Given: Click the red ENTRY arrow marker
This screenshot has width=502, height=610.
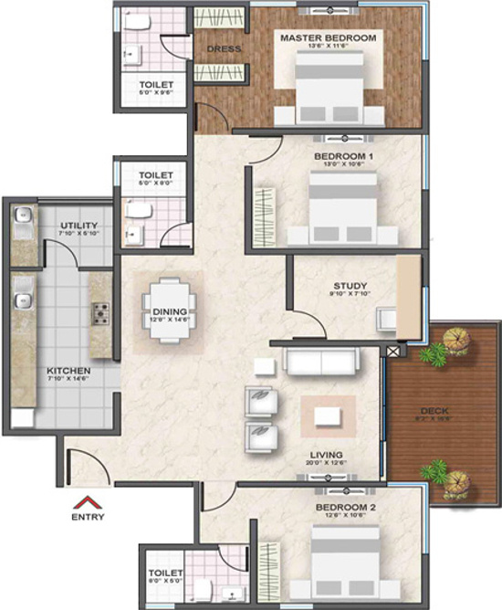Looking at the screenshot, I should pos(89,501).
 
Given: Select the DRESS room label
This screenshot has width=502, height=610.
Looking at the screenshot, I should pos(222,48).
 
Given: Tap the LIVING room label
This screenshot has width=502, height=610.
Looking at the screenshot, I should pos(326,454).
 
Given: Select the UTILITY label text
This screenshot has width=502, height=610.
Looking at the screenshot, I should pos(79,226).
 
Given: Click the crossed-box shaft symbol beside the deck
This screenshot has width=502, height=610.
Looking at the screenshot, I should pos(394,351).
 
